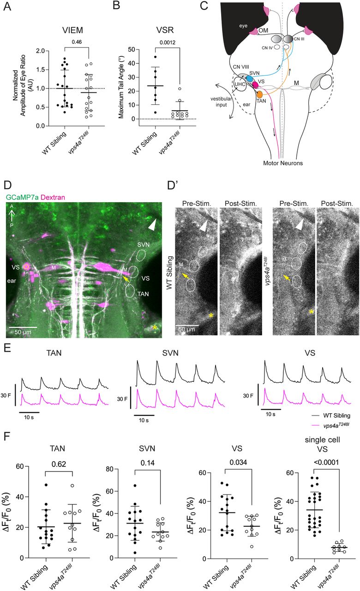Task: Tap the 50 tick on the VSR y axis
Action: (x=136, y=49)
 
